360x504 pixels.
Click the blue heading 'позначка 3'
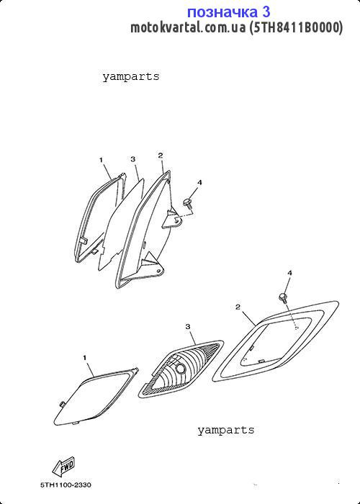tap(228, 12)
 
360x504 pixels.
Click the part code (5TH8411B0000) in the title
tap(296, 27)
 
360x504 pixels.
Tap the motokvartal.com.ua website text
tap(188, 27)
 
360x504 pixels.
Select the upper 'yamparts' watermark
tap(131, 77)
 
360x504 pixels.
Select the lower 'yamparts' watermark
tap(225, 431)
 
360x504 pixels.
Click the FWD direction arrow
tap(63, 467)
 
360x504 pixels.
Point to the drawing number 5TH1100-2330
tap(66, 485)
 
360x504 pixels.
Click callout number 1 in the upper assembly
tap(101, 160)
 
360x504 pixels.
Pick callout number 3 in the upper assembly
tap(132, 159)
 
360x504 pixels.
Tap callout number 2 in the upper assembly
tap(161, 156)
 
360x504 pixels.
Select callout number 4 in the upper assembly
tap(199, 183)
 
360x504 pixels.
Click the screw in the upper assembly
tap(188, 204)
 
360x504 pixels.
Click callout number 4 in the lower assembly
tap(289, 273)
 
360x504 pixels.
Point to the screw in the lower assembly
tap(284, 297)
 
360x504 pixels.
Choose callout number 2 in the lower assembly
tap(238, 307)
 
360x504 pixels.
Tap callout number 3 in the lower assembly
tap(188, 327)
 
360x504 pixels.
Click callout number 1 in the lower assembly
tap(85, 357)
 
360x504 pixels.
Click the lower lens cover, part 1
tap(96, 397)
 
